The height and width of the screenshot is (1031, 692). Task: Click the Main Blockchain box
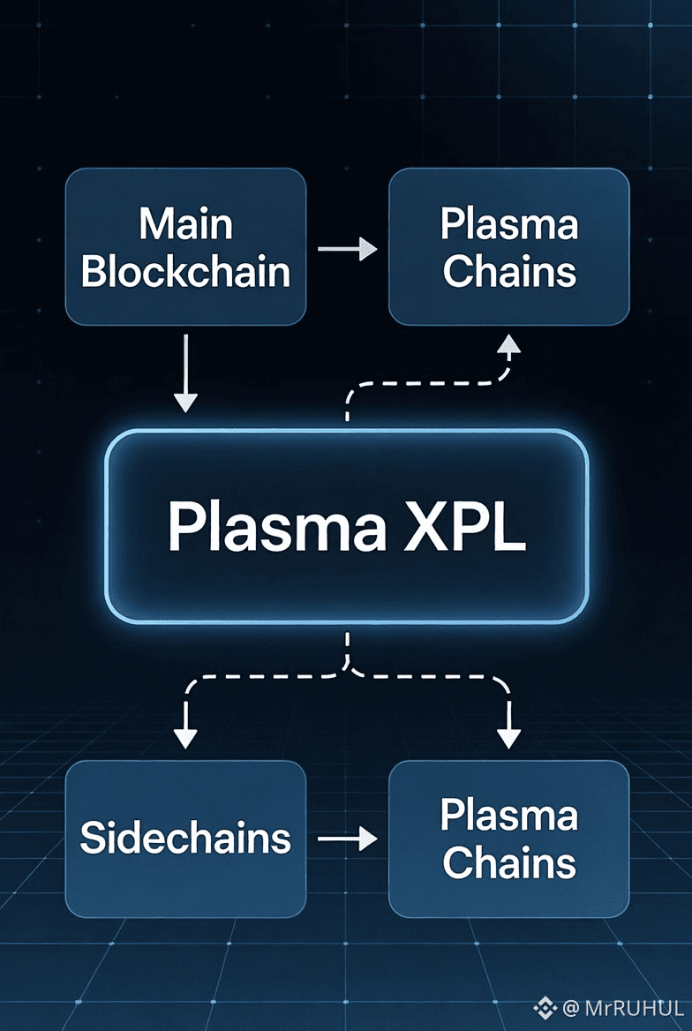(x=185, y=247)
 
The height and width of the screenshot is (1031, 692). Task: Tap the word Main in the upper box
(x=185, y=224)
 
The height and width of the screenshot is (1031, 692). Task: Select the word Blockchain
(x=185, y=271)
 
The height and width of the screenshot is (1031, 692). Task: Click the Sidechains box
(x=185, y=837)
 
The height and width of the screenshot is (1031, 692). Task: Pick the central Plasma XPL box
(x=346, y=526)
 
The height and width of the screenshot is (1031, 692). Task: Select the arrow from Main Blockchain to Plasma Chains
(x=347, y=250)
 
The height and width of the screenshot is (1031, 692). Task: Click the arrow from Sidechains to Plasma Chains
(x=347, y=839)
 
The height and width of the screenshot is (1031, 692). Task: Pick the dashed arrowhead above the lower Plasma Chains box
(x=509, y=735)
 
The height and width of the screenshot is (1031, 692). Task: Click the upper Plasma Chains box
(x=509, y=247)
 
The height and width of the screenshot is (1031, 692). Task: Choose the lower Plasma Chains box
(x=509, y=839)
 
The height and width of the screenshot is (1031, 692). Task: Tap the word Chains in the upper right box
(x=509, y=271)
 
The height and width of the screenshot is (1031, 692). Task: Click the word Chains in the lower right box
(x=509, y=862)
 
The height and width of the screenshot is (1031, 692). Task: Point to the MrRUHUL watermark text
(x=634, y=1008)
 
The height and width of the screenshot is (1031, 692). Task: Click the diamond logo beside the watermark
(x=545, y=1008)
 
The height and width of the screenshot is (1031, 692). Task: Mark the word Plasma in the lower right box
(x=509, y=816)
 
